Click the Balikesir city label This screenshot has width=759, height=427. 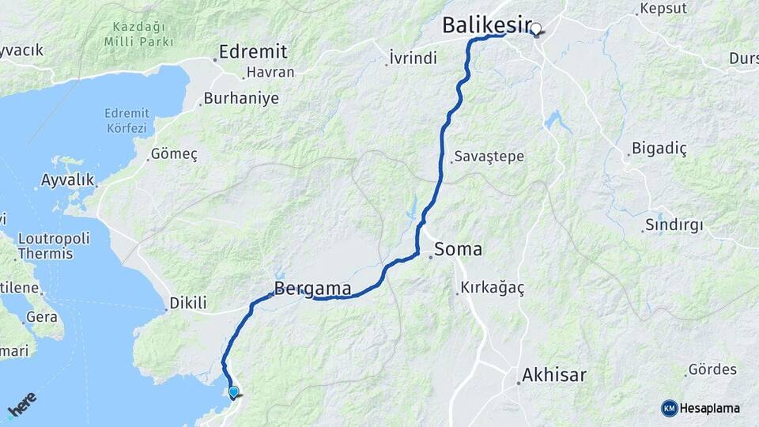(x=485, y=25)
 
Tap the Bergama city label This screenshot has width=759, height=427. (x=312, y=289)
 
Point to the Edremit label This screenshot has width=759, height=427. (x=253, y=51)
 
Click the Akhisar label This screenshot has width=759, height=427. (x=553, y=375)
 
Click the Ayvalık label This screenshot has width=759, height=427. (x=67, y=179)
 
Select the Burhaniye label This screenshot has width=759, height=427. (x=241, y=99)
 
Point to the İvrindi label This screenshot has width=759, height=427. (x=413, y=58)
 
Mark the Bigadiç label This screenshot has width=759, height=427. (x=659, y=149)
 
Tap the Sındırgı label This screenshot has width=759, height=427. (x=674, y=225)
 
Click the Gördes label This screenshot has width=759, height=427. (x=712, y=369)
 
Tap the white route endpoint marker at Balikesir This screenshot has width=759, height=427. (x=536, y=29)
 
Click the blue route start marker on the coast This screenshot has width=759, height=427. (x=233, y=391)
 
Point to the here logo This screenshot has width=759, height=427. (x=21, y=405)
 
